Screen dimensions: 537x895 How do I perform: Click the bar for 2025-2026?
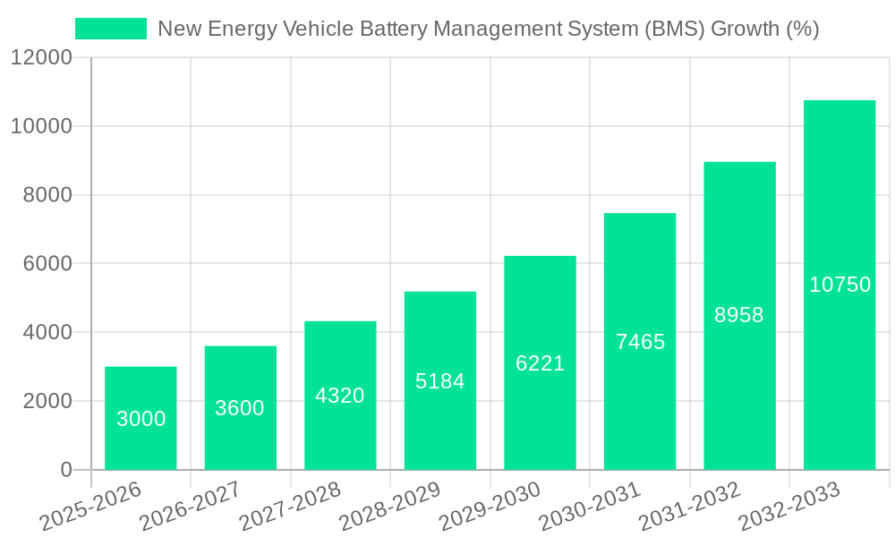(x=141, y=418)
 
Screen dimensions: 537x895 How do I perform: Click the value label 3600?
(x=240, y=408)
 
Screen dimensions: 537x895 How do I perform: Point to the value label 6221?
(x=540, y=363)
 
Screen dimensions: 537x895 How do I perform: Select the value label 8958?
(x=739, y=315)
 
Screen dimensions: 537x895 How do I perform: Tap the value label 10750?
(x=840, y=285)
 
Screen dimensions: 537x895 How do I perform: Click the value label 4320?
(x=340, y=396)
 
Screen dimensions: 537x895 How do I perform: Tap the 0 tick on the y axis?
(x=65, y=470)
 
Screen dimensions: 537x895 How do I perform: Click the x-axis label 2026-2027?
(x=191, y=507)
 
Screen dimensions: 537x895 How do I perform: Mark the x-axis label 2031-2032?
(x=690, y=507)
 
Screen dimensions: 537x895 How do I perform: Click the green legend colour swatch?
(x=110, y=29)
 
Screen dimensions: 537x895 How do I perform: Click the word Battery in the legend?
(x=415, y=29)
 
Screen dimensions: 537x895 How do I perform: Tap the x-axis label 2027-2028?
(x=291, y=507)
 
